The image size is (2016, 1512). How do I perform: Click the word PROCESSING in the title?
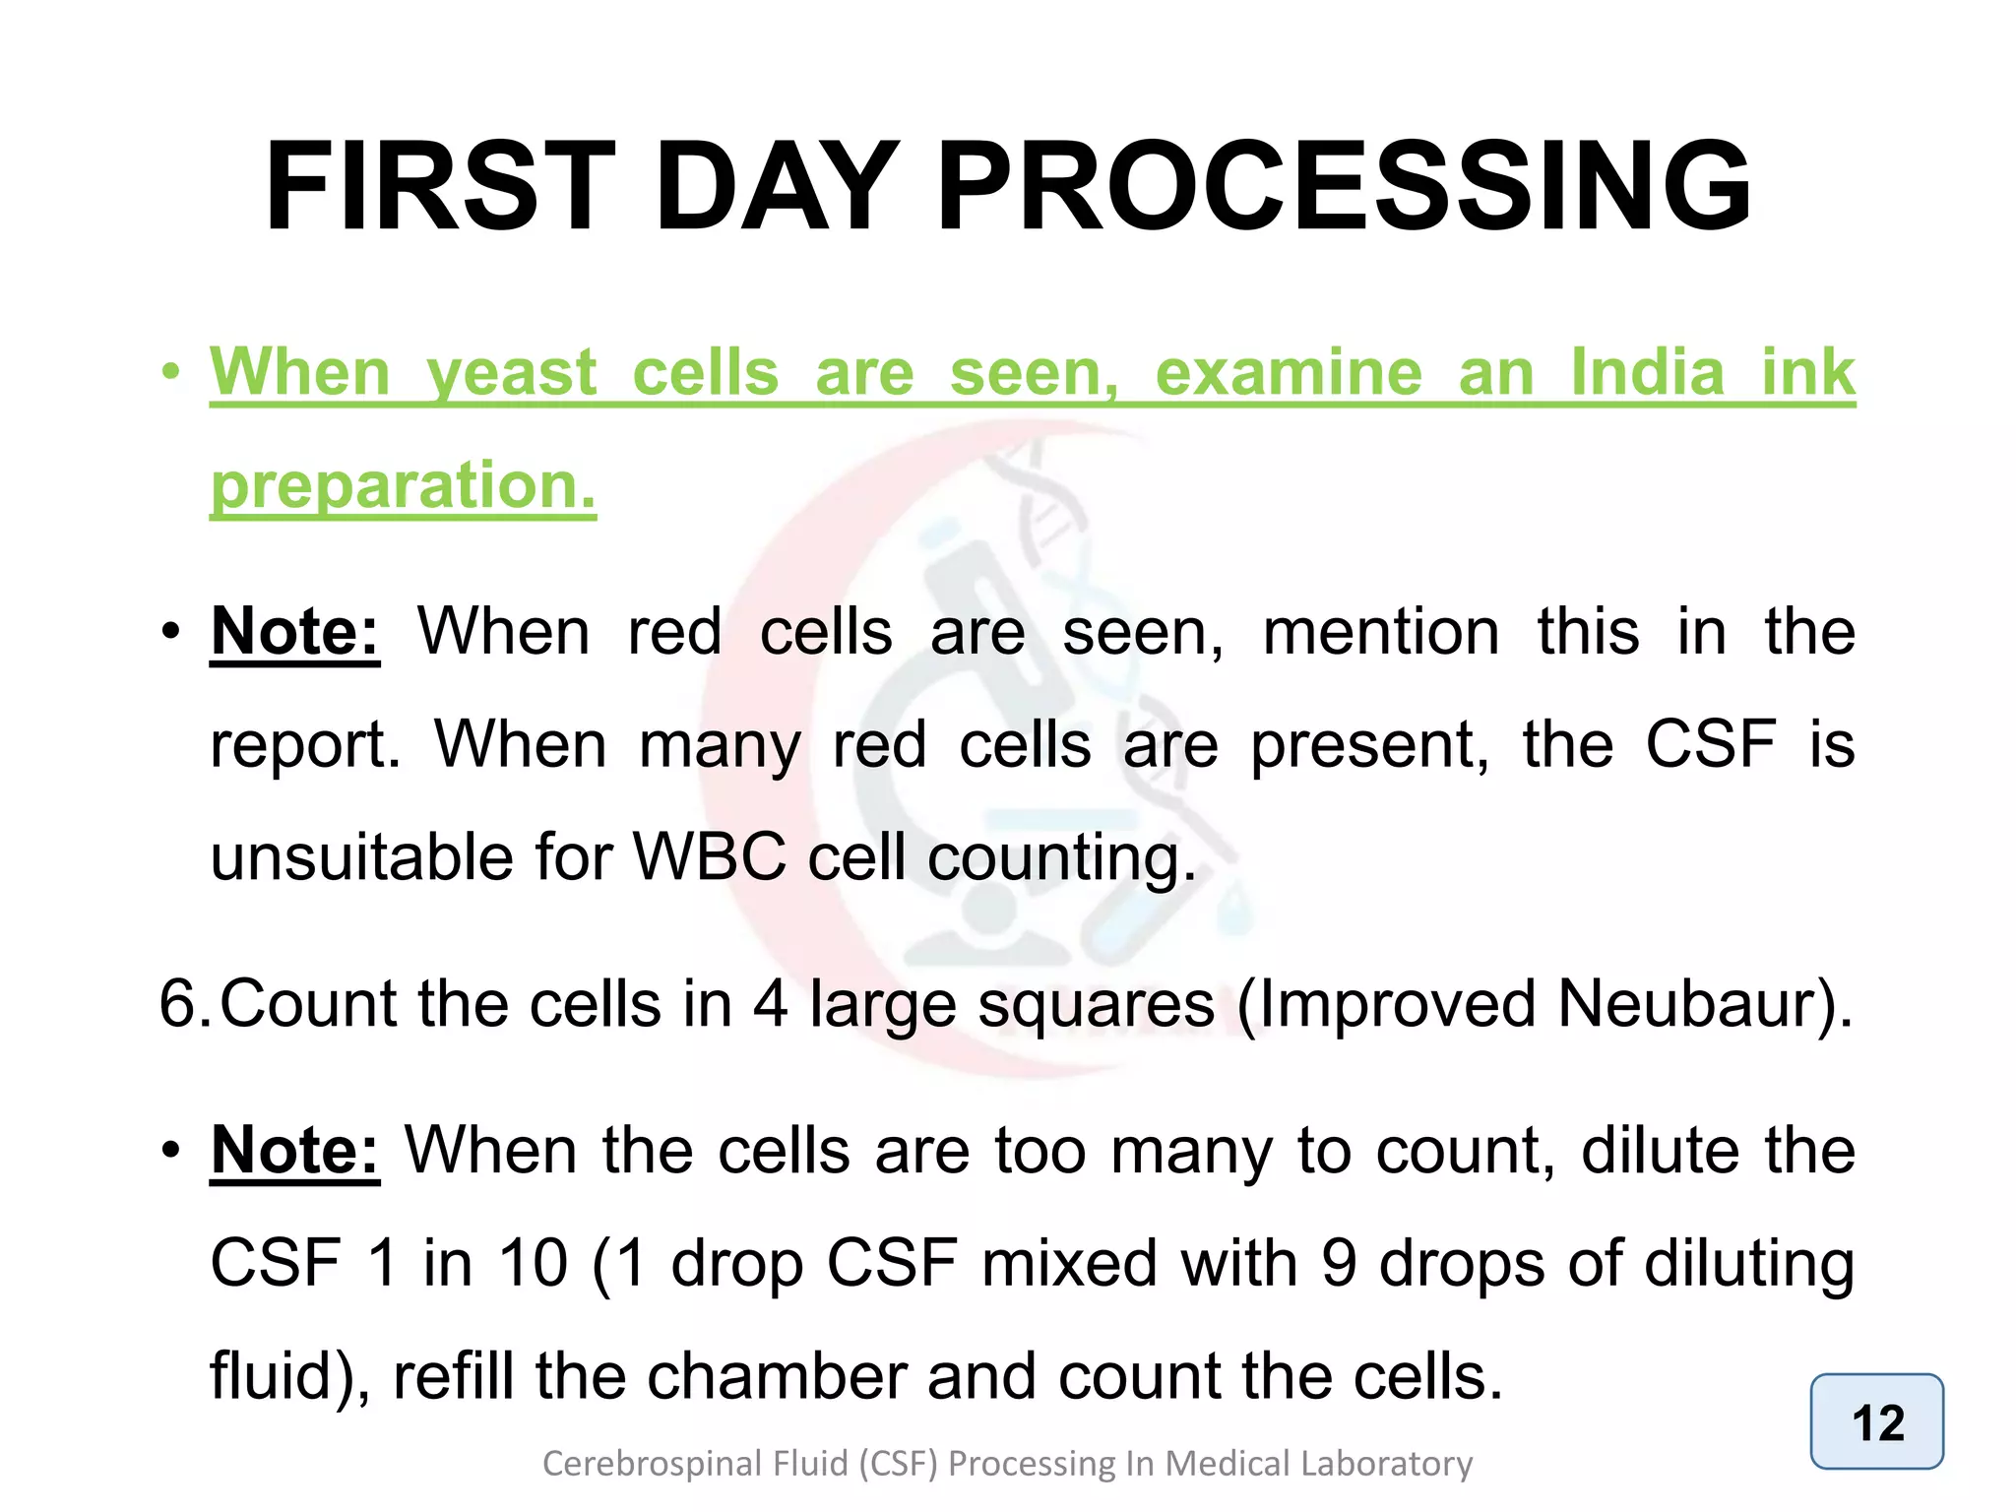click(1344, 187)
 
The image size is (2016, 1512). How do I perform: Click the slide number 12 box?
click(1876, 1422)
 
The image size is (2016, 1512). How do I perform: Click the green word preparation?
click(403, 486)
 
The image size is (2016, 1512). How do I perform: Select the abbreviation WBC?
click(710, 856)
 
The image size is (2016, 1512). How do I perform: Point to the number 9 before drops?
click(1339, 1263)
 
